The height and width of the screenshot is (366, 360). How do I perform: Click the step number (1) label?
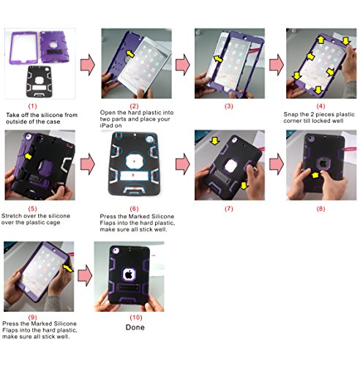pos(33,106)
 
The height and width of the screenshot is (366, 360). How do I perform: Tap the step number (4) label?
pos(320,106)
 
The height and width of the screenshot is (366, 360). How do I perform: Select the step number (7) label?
pos(229,209)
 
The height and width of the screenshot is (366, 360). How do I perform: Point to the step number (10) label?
pos(136,318)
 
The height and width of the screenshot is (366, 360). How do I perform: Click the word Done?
pos(135,327)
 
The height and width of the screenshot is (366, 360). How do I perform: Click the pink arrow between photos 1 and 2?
pos(88,64)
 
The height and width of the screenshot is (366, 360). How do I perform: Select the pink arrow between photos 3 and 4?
pos(277,64)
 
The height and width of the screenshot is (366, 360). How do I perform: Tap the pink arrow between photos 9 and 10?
pos(85,276)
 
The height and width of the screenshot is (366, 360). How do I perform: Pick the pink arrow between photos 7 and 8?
pos(277,164)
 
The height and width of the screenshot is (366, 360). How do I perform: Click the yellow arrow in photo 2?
pos(130,53)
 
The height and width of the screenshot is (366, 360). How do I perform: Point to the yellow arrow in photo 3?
pos(218,59)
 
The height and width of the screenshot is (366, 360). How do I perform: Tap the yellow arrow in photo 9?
pos(68,268)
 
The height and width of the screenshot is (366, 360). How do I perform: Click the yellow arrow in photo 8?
pos(315,175)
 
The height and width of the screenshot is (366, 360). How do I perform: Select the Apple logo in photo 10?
pos(129,274)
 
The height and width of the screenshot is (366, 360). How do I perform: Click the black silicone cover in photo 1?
pos(39,82)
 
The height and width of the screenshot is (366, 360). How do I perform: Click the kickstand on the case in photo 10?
pos(128,288)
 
